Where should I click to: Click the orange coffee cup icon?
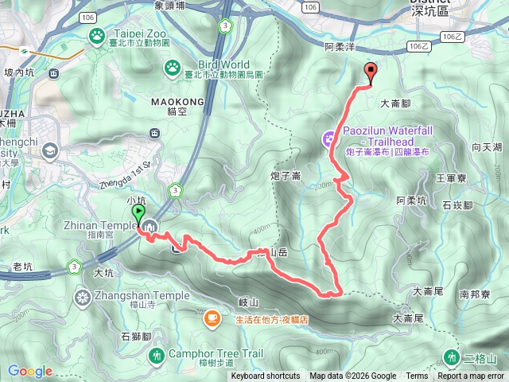[212, 319]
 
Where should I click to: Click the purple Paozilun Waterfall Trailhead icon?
[330, 140]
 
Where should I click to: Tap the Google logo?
[29, 371]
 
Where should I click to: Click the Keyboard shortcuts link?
[266, 376]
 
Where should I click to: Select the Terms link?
[417, 376]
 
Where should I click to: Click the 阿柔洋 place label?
[340, 48]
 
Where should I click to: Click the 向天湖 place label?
[486, 147]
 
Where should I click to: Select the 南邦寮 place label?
[476, 294]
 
